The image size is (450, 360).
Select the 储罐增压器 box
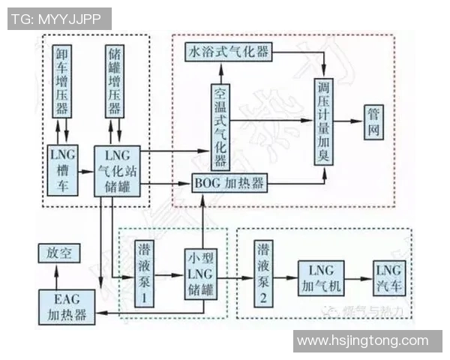coord(115,80)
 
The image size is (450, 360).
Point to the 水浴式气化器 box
coord(229,52)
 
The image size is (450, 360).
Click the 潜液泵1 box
coord(144,274)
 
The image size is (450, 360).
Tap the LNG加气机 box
coord(321,278)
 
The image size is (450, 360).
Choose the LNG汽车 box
coord(388,278)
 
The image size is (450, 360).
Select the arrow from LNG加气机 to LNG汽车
coord(358,278)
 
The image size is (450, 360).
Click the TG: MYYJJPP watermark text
coord(58,19)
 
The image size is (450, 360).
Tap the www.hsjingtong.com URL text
coord(367,341)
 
